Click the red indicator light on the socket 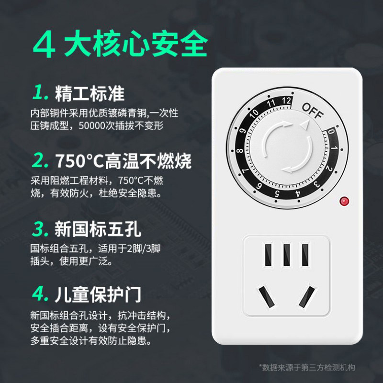tap(344, 201)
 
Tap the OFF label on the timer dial tap(313, 111)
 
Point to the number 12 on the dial tap(286, 101)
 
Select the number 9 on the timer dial tap(242, 131)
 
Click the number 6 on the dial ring tap(259, 186)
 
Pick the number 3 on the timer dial tap(317, 184)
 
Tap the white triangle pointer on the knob tap(305, 124)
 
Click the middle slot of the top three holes tap(286, 255)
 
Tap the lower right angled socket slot tap(306, 297)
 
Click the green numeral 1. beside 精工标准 tap(40, 92)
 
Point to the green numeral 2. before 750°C tap(40, 160)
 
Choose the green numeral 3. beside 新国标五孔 tap(40, 229)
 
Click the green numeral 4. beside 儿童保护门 tap(40, 294)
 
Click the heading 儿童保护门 tap(98, 294)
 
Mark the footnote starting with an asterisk tap(307, 367)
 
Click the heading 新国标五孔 tap(98, 229)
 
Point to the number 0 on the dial tap(331, 132)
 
